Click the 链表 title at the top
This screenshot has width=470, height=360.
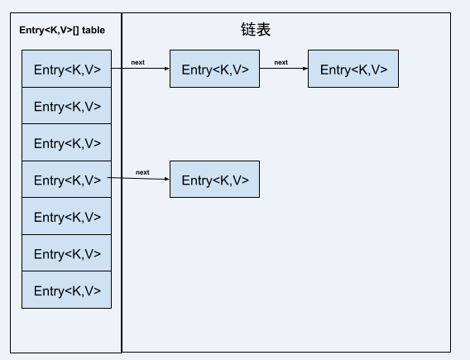click(256, 29)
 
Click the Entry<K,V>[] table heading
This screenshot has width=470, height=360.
click(62, 31)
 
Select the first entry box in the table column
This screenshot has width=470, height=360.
click(66, 69)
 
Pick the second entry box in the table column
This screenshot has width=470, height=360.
click(66, 105)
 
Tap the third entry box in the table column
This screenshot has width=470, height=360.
click(66, 142)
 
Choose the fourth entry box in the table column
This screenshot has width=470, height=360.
click(66, 180)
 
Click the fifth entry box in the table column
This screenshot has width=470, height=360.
click(66, 216)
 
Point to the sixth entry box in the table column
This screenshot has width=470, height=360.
click(66, 253)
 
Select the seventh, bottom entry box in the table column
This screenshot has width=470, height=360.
click(66, 290)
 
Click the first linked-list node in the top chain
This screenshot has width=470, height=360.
click(214, 69)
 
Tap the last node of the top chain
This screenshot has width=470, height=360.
click(353, 69)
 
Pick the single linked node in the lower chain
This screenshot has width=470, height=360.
click(214, 180)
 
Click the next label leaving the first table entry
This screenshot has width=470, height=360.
click(138, 62)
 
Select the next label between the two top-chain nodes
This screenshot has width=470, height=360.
click(281, 62)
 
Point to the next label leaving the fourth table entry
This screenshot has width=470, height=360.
click(142, 172)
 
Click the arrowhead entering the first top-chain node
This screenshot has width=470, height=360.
click(167, 69)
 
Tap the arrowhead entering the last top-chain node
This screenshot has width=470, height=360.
click(305, 69)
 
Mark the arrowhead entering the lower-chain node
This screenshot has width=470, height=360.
click(167, 180)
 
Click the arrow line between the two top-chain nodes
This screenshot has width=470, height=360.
click(284, 69)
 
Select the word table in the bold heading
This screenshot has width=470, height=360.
click(94, 31)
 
